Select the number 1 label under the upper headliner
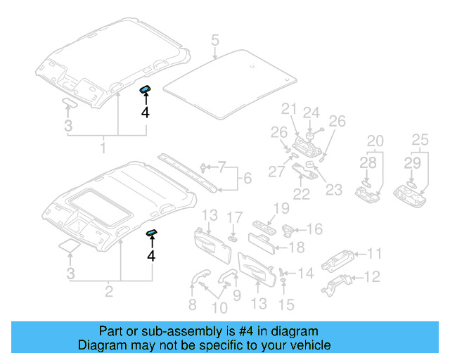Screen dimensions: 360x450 103,148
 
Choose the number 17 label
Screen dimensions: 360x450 236,216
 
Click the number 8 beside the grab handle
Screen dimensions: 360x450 192,304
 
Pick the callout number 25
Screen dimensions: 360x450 420,140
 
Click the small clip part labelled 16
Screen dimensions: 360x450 289,229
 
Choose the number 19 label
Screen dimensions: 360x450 281,207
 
